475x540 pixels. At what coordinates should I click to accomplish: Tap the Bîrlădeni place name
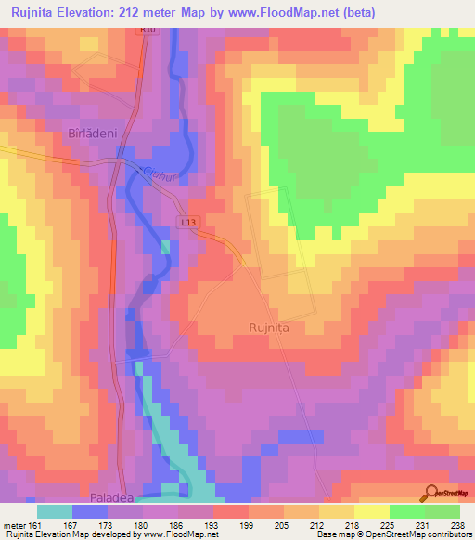tap(93, 134)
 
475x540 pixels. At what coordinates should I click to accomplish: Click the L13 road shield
tap(189, 223)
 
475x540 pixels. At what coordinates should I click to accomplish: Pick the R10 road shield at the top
tap(146, 31)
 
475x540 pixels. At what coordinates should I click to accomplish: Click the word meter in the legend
tap(14, 523)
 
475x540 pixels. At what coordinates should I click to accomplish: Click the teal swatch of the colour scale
tap(55, 510)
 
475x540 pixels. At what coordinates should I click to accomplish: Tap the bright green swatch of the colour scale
tap(407, 510)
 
